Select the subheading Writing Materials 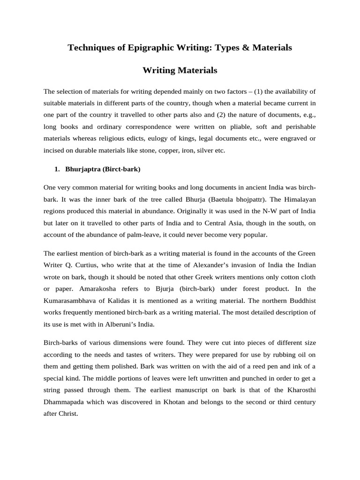(x=180, y=70)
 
